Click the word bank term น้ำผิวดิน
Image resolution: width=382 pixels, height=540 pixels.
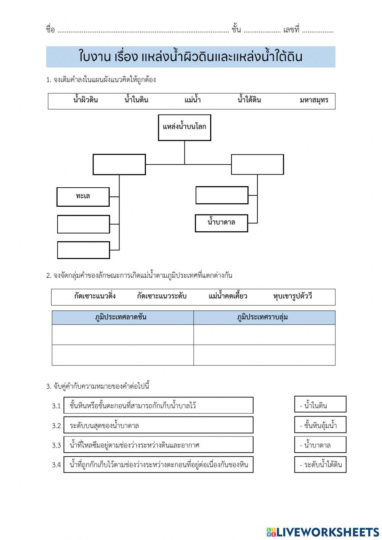86,101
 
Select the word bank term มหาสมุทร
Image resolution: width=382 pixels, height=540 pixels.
314,101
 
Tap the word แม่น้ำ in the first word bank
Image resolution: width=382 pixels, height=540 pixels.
193,101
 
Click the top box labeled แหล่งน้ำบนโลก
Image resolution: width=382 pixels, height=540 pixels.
185,127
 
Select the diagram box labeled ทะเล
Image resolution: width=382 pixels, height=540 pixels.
83,196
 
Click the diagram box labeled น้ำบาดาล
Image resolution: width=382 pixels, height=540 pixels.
221,223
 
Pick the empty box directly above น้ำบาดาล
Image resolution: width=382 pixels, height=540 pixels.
222,195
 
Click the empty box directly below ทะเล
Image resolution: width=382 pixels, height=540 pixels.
83,224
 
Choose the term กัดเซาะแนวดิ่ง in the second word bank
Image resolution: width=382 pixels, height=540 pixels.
95,297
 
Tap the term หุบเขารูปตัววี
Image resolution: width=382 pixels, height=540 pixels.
293,297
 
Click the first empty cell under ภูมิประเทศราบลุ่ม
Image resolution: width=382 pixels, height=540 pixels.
264,335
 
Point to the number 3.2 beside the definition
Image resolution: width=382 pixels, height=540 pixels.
57,425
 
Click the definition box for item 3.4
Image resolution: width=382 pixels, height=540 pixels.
158,464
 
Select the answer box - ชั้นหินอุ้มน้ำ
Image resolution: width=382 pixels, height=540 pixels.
320,425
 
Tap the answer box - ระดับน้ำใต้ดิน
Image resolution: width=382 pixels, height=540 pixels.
320,464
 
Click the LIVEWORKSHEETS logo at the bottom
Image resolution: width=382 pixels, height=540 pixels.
323,532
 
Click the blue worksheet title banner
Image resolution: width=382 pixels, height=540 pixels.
191,57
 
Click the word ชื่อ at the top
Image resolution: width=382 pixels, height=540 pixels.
50,30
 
